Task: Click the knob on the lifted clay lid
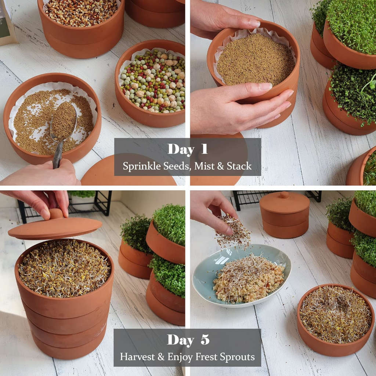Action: click(x=56, y=213)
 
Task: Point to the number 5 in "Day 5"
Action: click(x=205, y=340)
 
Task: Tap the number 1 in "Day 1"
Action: click(x=204, y=149)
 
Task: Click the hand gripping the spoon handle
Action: click(x=41, y=173)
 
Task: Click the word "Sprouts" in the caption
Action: click(x=237, y=357)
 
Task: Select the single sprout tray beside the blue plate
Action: click(x=335, y=319)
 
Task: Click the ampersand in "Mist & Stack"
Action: click(x=220, y=166)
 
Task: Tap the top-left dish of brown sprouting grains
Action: click(x=81, y=26)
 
